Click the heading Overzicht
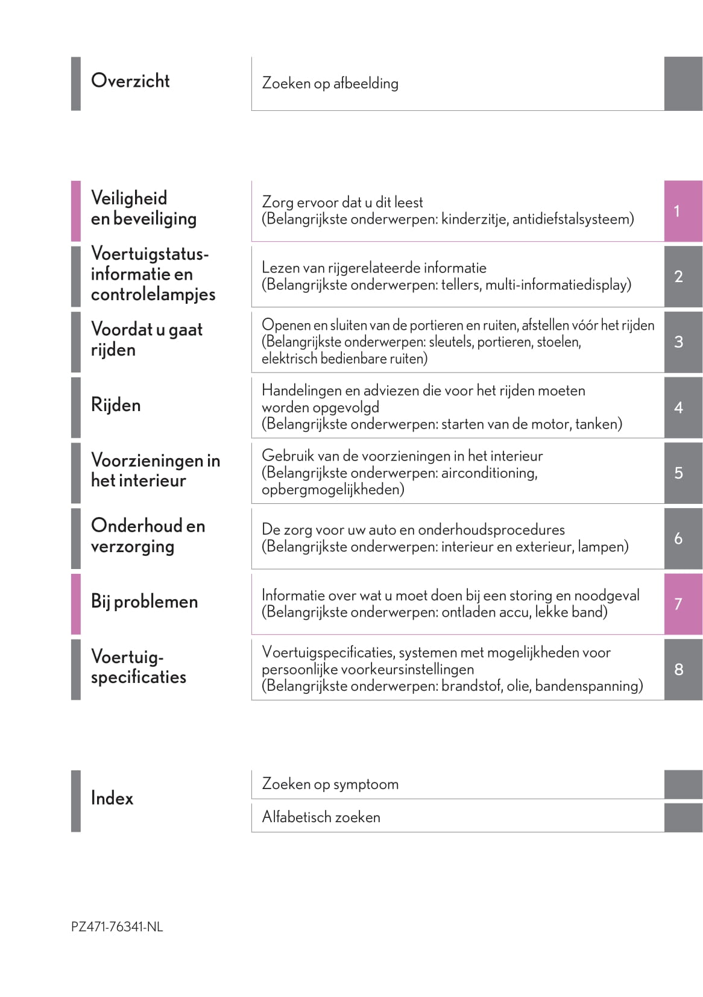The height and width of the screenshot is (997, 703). (130, 81)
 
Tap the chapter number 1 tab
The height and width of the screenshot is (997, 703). (683, 211)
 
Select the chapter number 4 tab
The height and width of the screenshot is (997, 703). (683, 407)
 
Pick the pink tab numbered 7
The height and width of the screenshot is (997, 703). (683, 603)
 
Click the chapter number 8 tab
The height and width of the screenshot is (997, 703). (683, 669)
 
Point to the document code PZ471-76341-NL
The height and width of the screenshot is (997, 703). (117, 927)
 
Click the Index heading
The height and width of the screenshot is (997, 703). (112, 798)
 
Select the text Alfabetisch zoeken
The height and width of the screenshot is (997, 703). (321, 817)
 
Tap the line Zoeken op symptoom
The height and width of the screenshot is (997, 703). (330, 784)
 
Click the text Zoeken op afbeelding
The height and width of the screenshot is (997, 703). (330, 83)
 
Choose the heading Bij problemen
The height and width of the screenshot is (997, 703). (144, 602)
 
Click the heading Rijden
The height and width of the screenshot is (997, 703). (116, 405)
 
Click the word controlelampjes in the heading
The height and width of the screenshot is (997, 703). (153, 295)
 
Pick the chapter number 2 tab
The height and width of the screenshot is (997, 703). (683, 277)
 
